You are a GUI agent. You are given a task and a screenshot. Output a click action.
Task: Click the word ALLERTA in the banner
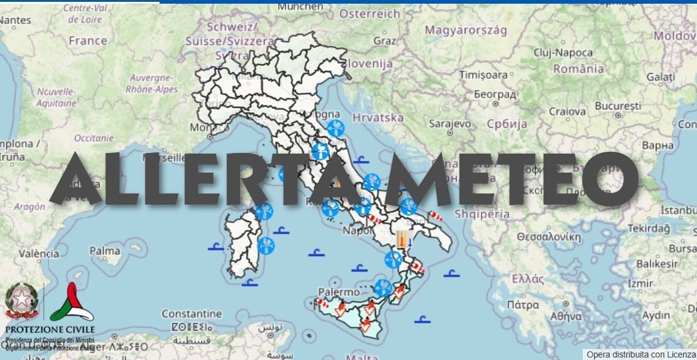pyautogui.click(x=203, y=178)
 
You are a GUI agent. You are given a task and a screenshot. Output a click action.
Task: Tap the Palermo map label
pyautogui.click(x=338, y=292)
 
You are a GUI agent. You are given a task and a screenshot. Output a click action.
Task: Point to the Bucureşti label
pyautogui.click(x=618, y=106)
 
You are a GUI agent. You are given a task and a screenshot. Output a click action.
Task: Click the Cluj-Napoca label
pyautogui.click(x=563, y=53)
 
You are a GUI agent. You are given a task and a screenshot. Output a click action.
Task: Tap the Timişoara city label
pyautogui.click(x=484, y=75)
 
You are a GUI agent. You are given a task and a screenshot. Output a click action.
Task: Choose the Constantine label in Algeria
pyautogui.click(x=192, y=314)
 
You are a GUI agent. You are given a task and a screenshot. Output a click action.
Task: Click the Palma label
pyautogui.click(x=104, y=251)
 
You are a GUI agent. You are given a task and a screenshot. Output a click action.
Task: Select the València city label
pyautogui.click(x=39, y=253)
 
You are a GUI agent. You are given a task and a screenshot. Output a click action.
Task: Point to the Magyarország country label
pyautogui.click(x=466, y=30)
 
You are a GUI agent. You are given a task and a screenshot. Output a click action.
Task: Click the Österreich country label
pyautogui.click(x=370, y=13)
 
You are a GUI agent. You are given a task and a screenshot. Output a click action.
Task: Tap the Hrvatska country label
pyautogui.click(x=378, y=117)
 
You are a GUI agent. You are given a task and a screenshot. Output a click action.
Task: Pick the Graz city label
pyautogui.click(x=385, y=41)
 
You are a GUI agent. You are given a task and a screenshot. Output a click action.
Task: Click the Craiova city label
pyautogui.click(x=567, y=112)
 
